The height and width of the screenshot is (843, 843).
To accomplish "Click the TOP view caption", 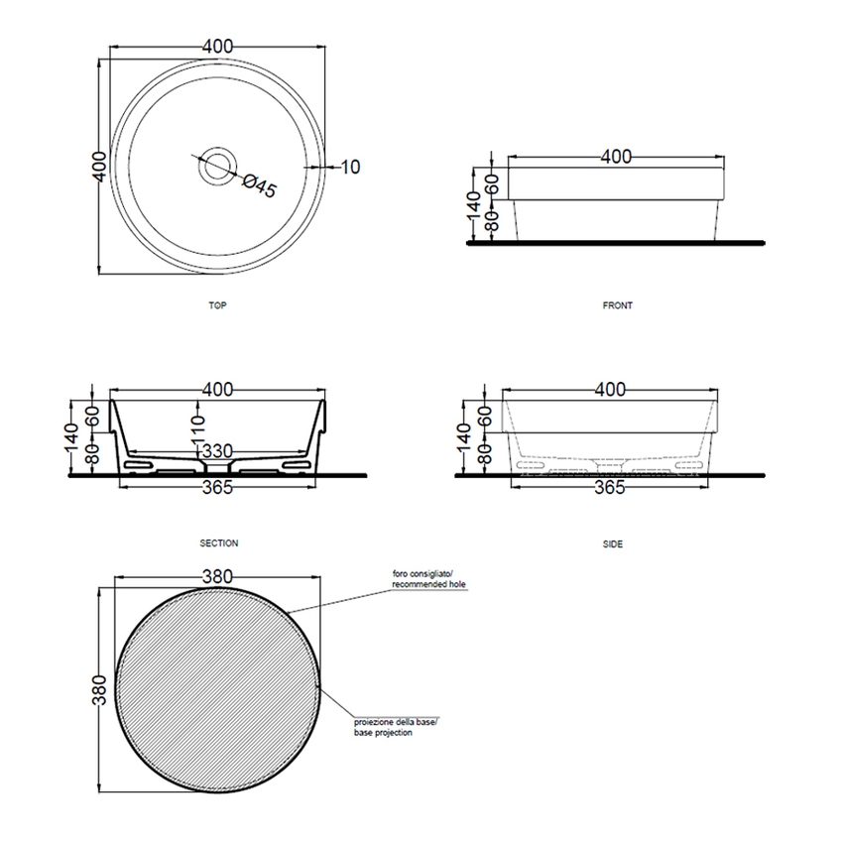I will click(217, 305).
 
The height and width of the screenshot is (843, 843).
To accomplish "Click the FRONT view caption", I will click(617, 305).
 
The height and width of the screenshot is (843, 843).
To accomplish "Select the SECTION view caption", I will click(217, 543).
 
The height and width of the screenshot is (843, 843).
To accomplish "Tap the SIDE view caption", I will click(613, 543).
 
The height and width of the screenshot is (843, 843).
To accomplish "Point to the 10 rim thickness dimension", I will click(349, 167).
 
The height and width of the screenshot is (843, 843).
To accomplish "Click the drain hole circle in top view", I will click(216, 166).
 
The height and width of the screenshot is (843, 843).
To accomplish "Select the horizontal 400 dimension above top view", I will click(218, 46).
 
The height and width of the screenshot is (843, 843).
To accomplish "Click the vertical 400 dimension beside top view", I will click(97, 166).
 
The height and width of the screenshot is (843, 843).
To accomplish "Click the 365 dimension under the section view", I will click(218, 487).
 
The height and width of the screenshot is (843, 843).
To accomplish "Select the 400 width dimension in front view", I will click(616, 157).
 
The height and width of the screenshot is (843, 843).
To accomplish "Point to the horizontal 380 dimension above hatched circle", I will click(217, 574).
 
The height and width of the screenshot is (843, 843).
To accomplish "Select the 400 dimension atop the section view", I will click(218, 391).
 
